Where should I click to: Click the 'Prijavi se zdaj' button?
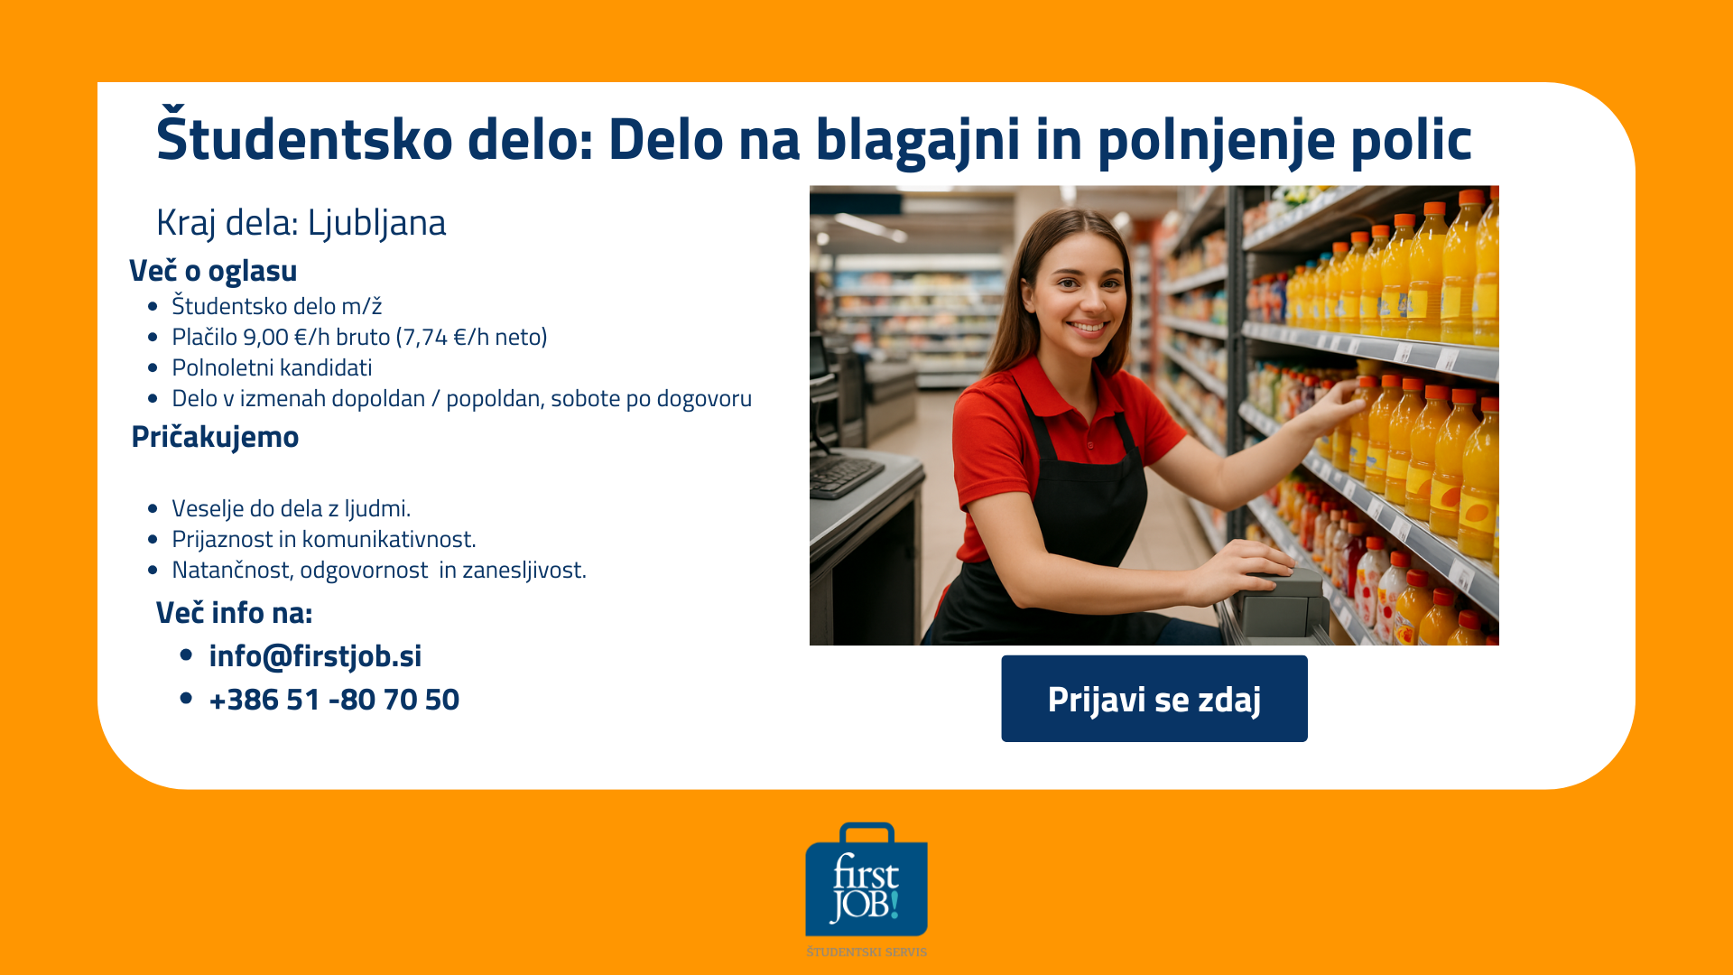click(1154, 699)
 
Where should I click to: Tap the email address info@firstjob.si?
click(315, 656)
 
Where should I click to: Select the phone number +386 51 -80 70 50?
click(334, 700)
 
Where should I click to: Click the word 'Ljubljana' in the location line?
click(376, 223)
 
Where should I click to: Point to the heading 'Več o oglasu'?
click(213, 271)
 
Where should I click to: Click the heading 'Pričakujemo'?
click(215, 437)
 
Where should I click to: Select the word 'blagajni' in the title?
click(918, 141)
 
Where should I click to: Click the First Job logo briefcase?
click(866, 879)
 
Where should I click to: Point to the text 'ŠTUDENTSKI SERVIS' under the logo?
click(866, 952)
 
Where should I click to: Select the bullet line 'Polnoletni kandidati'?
click(272, 367)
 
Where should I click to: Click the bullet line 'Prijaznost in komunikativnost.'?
click(323, 539)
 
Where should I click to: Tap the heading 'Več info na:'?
click(234, 613)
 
